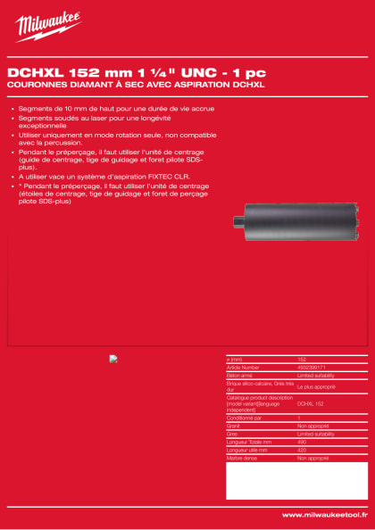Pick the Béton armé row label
(240, 375)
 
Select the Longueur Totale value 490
(303, 441)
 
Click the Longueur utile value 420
(303, 449)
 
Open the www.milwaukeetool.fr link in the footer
(324, 515)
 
